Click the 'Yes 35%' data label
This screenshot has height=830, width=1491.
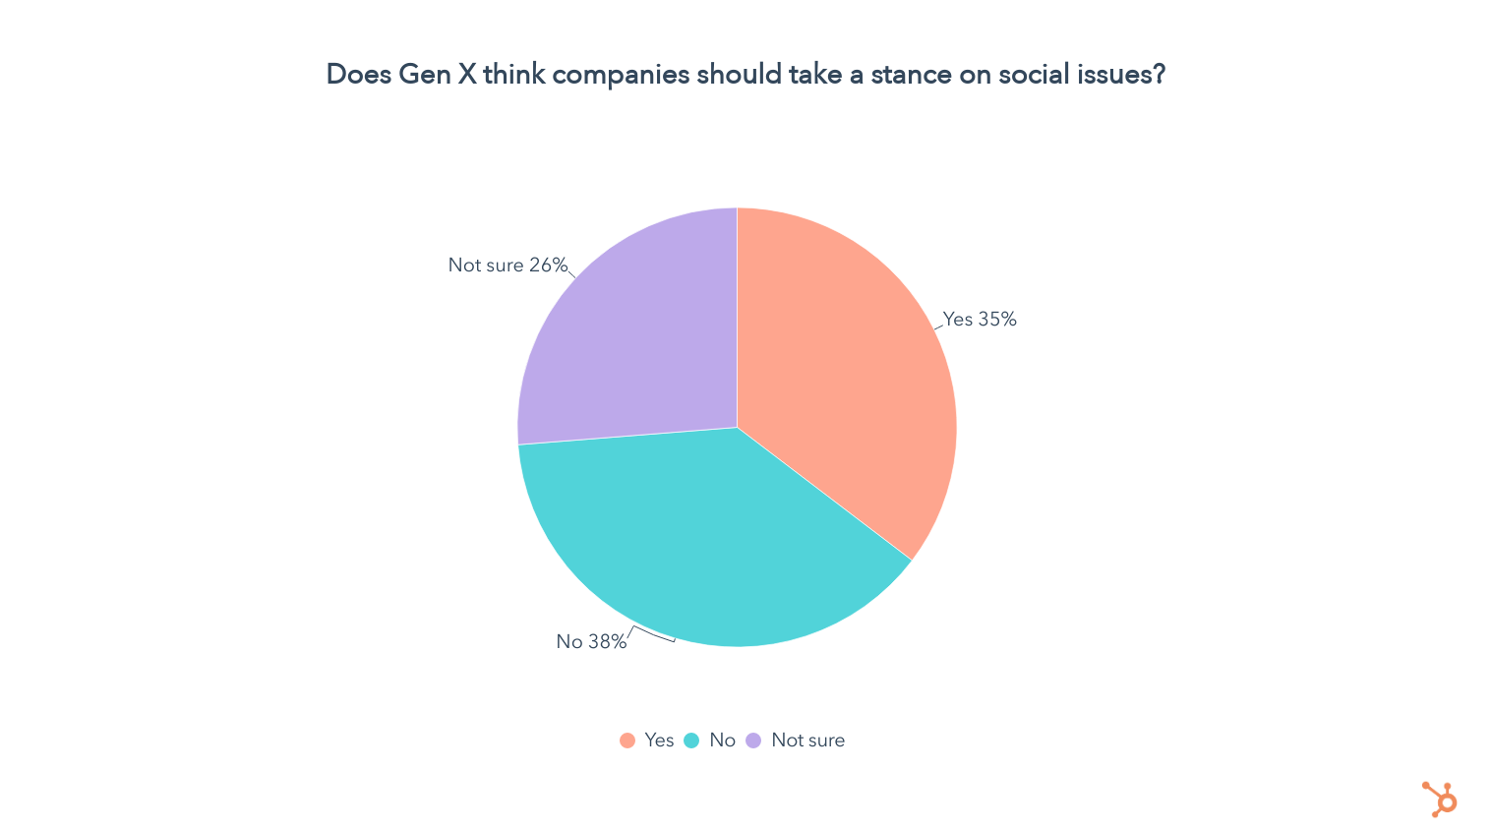[x=980, y=320]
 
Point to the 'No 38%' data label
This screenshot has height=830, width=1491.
[x=591, y=642]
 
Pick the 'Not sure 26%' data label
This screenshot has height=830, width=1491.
[x=507, y=266]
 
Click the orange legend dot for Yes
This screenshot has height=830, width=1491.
[x=627, y=741]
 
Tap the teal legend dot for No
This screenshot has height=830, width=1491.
[x=691, y=741]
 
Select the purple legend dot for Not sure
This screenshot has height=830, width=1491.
[x=753, y=741]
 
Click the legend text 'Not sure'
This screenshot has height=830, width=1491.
[x=807, y=741]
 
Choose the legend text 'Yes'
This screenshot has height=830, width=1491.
[x=659, y=741]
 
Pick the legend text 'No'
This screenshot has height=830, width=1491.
[x=722, y=741]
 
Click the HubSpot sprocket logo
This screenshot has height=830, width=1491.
[x=1440, y=799]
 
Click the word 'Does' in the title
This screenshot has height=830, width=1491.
[x=358, y=75]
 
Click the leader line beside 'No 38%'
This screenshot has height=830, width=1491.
[x=651, y=634]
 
